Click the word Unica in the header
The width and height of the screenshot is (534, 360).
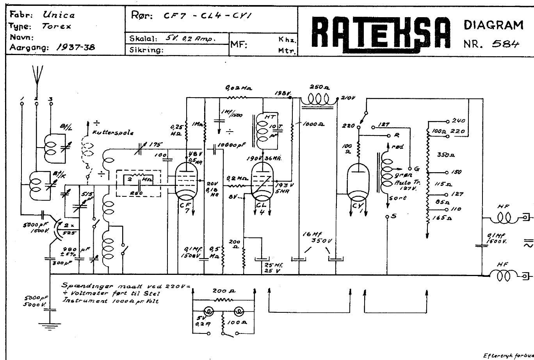59,15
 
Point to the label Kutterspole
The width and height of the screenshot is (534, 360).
113,132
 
